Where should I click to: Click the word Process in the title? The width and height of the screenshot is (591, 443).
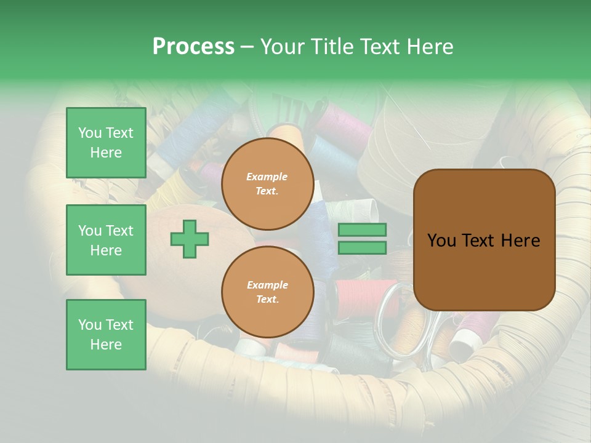point(193,47)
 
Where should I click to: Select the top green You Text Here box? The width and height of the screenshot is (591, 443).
point(106,143)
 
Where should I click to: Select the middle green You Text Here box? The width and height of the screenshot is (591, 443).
point(106,240)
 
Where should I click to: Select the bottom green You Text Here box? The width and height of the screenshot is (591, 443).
point(106,334)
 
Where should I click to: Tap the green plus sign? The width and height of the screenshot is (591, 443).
point(190,239)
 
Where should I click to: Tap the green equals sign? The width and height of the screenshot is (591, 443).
point(362,239)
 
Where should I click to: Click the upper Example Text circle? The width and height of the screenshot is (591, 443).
point(267,184)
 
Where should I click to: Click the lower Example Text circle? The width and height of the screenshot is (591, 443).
point(267,292)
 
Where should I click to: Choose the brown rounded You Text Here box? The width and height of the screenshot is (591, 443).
point(484,240)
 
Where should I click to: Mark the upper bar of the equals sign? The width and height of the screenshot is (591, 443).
point(362,229)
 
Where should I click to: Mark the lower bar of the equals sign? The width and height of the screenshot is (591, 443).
point(362,248)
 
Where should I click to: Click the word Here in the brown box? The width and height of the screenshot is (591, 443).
point(520,241)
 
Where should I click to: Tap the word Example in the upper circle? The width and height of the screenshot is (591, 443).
point(267,177)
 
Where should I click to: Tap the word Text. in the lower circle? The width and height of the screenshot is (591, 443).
point(267,299)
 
